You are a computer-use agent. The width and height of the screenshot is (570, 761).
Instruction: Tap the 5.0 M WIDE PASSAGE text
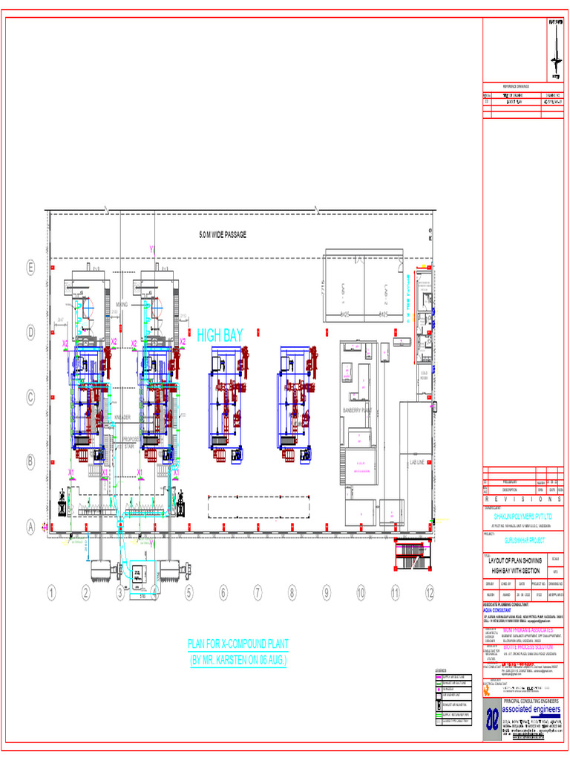click(222, 235)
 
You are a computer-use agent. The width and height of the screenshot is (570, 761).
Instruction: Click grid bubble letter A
click(30, 526)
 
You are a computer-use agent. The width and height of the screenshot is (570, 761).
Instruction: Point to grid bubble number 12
click(430, 592)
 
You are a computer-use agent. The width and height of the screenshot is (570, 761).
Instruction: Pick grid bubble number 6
click(223, 592)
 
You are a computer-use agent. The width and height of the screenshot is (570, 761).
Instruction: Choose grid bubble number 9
click(326, 592)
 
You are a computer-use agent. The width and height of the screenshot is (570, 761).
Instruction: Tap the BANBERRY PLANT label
click(356, 410)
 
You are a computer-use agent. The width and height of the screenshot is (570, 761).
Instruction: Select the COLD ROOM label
click(425, 373)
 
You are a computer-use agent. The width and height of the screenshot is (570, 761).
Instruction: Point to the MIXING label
click(122, 305)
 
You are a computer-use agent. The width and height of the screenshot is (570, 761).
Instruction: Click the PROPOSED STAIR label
click(129, 442)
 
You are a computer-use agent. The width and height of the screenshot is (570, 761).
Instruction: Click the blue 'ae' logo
click(492, 719)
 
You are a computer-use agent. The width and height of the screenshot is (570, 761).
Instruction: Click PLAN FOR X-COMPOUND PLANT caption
click(237, 644)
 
